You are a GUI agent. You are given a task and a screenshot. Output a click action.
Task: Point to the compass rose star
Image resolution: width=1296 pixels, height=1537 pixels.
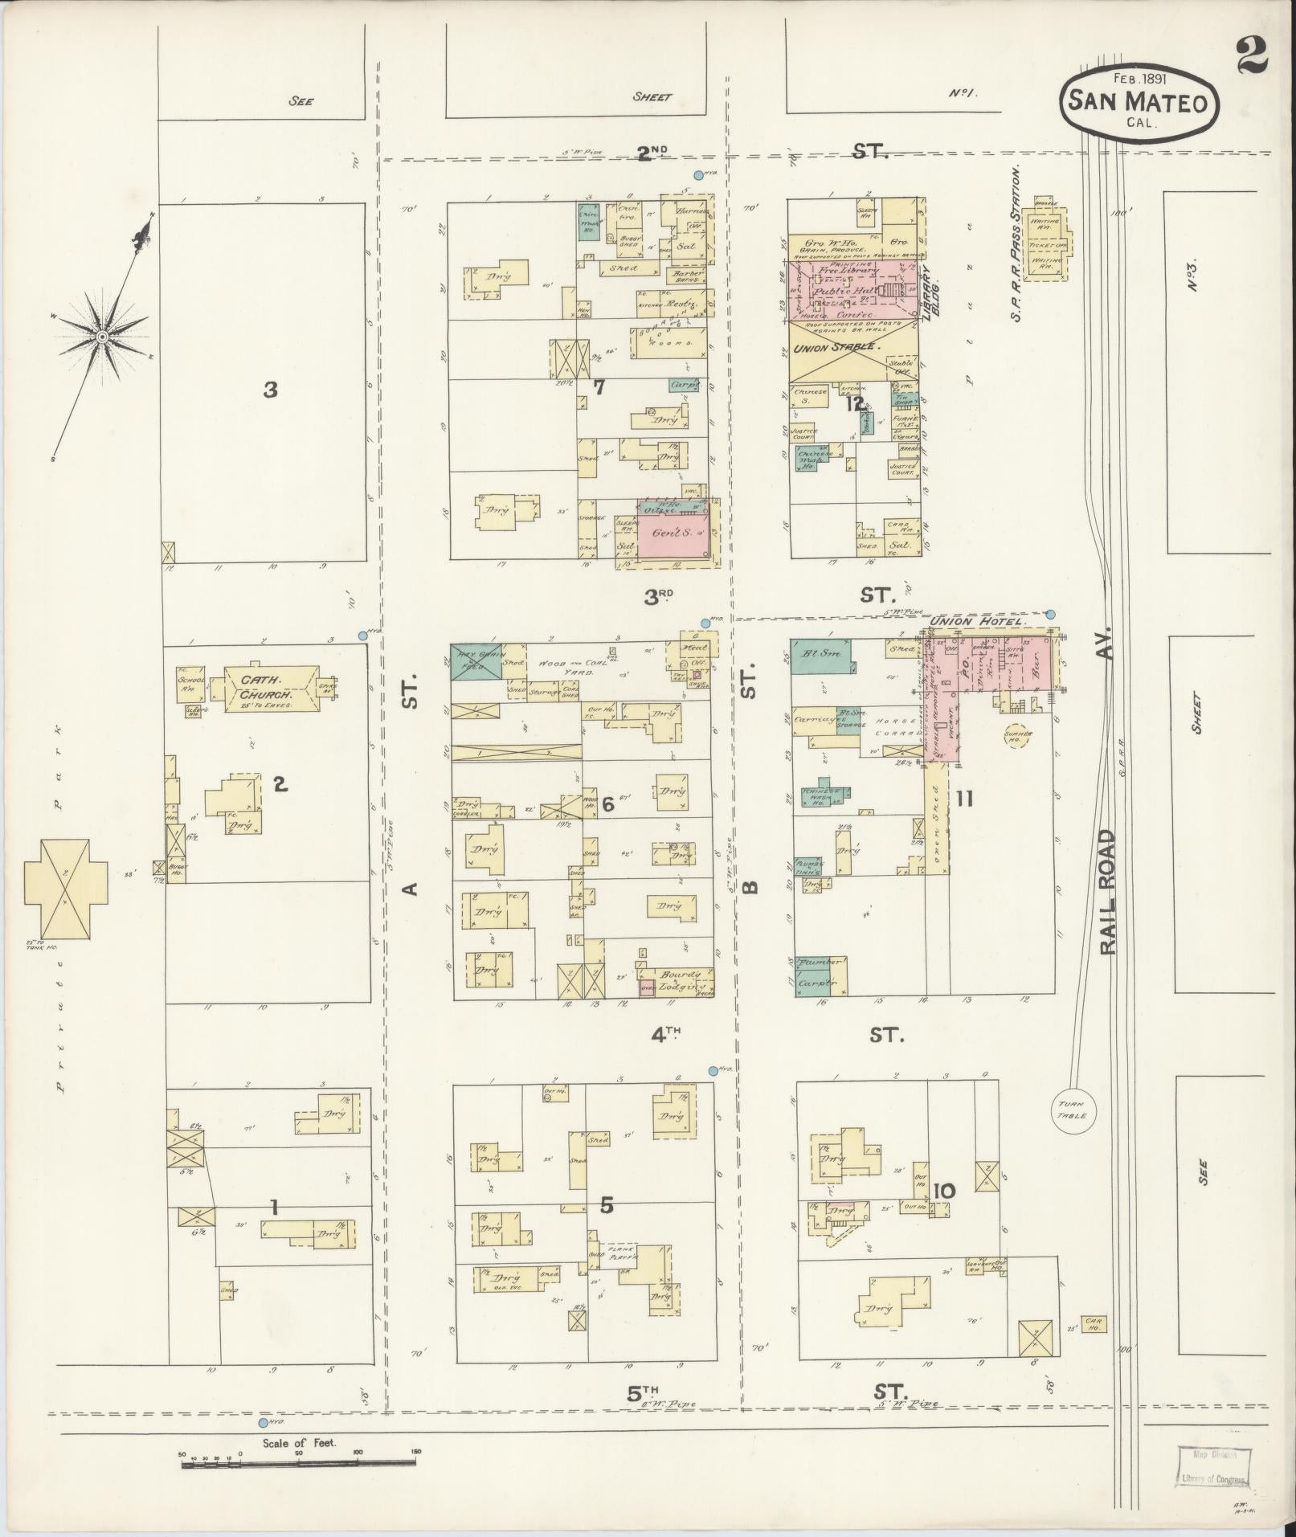102,336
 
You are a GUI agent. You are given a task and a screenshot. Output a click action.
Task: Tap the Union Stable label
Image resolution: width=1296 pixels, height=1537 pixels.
837,348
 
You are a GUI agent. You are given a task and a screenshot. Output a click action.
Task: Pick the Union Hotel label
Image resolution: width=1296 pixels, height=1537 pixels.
977,622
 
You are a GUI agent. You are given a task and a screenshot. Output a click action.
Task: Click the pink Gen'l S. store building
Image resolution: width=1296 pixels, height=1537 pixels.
674,531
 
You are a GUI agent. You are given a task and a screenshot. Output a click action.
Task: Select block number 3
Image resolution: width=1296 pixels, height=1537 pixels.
271,390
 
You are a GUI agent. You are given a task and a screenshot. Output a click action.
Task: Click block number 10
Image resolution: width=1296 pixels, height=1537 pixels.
945,1190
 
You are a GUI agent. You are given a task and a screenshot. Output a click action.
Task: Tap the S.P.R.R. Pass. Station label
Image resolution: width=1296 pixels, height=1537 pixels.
1016,245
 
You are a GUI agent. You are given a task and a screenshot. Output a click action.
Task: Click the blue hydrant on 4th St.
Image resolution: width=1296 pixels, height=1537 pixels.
713,1071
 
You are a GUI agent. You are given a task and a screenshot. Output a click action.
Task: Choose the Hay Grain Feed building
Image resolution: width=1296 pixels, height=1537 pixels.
476,660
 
